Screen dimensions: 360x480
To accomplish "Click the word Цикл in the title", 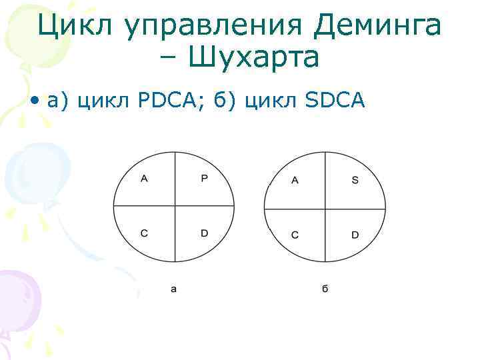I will [69, 26].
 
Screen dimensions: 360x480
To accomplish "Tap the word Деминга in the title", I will [376, 26].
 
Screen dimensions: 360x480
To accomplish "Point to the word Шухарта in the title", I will [255, 58].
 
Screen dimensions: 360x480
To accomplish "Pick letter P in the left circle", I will [205, 178].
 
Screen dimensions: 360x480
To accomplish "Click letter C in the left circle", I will [144, 233].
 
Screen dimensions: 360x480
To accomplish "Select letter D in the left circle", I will [205, 233].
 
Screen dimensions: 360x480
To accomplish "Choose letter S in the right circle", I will [355, 181].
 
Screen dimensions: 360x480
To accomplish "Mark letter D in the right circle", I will [355, 235].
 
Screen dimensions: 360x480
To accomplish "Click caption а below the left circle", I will [174, 289].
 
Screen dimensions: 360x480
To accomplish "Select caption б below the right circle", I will [325, 289].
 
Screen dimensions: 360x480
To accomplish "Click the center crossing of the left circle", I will [175, 206].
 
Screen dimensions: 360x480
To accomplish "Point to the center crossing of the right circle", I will [325, 209].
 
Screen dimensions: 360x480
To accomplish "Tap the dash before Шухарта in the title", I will [169, 59].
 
